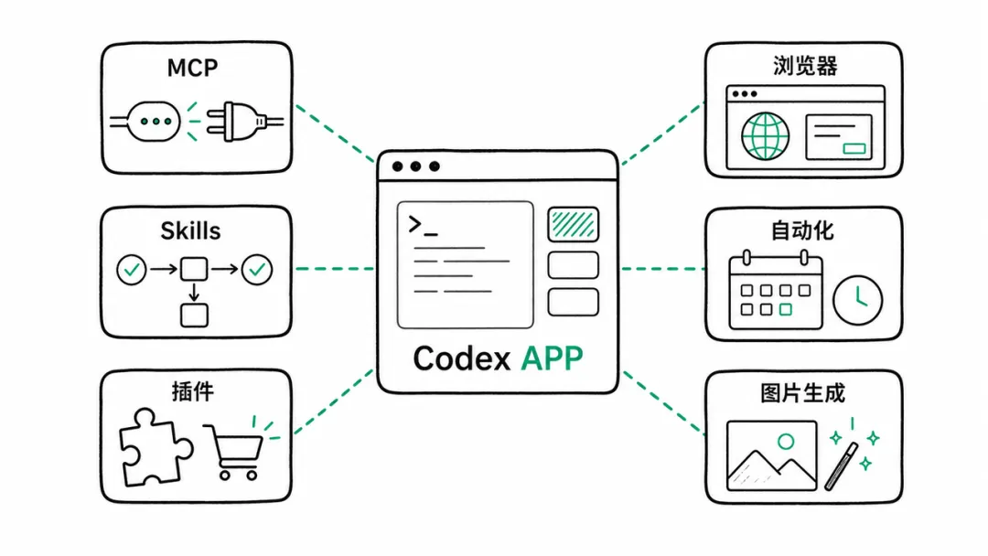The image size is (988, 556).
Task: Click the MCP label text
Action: [192, 68]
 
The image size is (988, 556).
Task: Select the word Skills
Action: [190, 231]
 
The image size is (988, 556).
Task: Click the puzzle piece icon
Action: [156, 447]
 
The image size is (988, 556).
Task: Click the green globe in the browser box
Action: [765, 136]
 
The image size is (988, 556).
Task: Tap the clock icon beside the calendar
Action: [857, 300]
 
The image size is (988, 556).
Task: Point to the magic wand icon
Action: [842, 466]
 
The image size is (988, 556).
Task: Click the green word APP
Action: [552, 358]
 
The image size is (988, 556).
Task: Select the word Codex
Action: [462, 358]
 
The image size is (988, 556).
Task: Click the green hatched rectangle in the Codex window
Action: [573, 224]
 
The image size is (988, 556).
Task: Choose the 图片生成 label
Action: [802, 393]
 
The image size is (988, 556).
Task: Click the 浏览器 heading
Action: [805, 66]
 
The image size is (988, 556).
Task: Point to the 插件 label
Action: [193, 391]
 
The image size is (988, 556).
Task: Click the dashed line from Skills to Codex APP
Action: [335, 269]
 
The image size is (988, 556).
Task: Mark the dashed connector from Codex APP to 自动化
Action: [663, 269]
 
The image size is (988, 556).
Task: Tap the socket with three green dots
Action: [154, 122]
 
